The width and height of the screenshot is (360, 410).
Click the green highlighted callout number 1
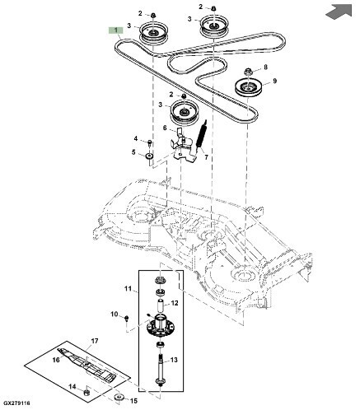point(115,30)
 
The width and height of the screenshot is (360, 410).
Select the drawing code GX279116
point(16,403)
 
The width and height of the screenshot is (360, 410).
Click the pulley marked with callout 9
point(250,88)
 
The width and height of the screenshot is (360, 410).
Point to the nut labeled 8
point(249,72)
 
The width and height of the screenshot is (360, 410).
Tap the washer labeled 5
point(149,156)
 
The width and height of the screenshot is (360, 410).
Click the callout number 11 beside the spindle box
point(128,289)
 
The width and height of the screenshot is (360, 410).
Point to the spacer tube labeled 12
point(161,305)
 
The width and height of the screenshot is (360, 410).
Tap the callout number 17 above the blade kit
point(95,342)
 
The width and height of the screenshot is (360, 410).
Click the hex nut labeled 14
point(87,392)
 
